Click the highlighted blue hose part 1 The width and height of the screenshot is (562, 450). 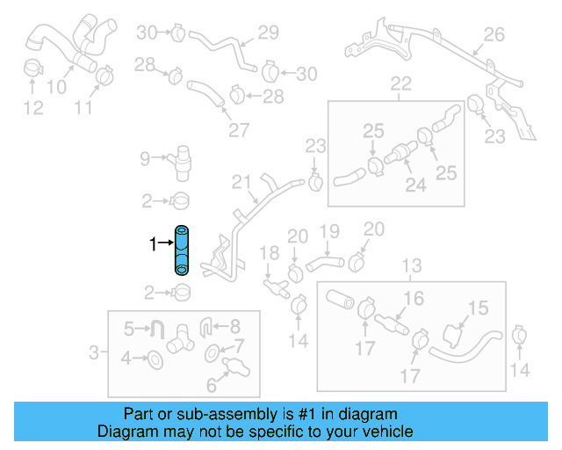tap(182, 251)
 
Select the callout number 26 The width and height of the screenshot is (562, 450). tap(494, 35)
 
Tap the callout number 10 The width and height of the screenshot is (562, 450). tap(55, 86)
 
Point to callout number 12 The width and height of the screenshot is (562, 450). tap(32, 108)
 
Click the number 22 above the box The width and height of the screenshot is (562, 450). tap(400, 84)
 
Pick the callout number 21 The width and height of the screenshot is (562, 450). tap(241, 183)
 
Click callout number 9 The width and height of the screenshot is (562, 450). tap(145, 159)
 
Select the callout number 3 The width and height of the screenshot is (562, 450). tap(94, 354)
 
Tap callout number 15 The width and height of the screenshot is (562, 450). tap(477, 308)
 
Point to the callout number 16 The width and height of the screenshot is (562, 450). tap(414, 299)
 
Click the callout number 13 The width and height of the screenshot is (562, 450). tap(411, 265)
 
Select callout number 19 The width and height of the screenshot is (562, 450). tap(328, 231)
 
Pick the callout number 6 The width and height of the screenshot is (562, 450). tap(212, 384)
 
